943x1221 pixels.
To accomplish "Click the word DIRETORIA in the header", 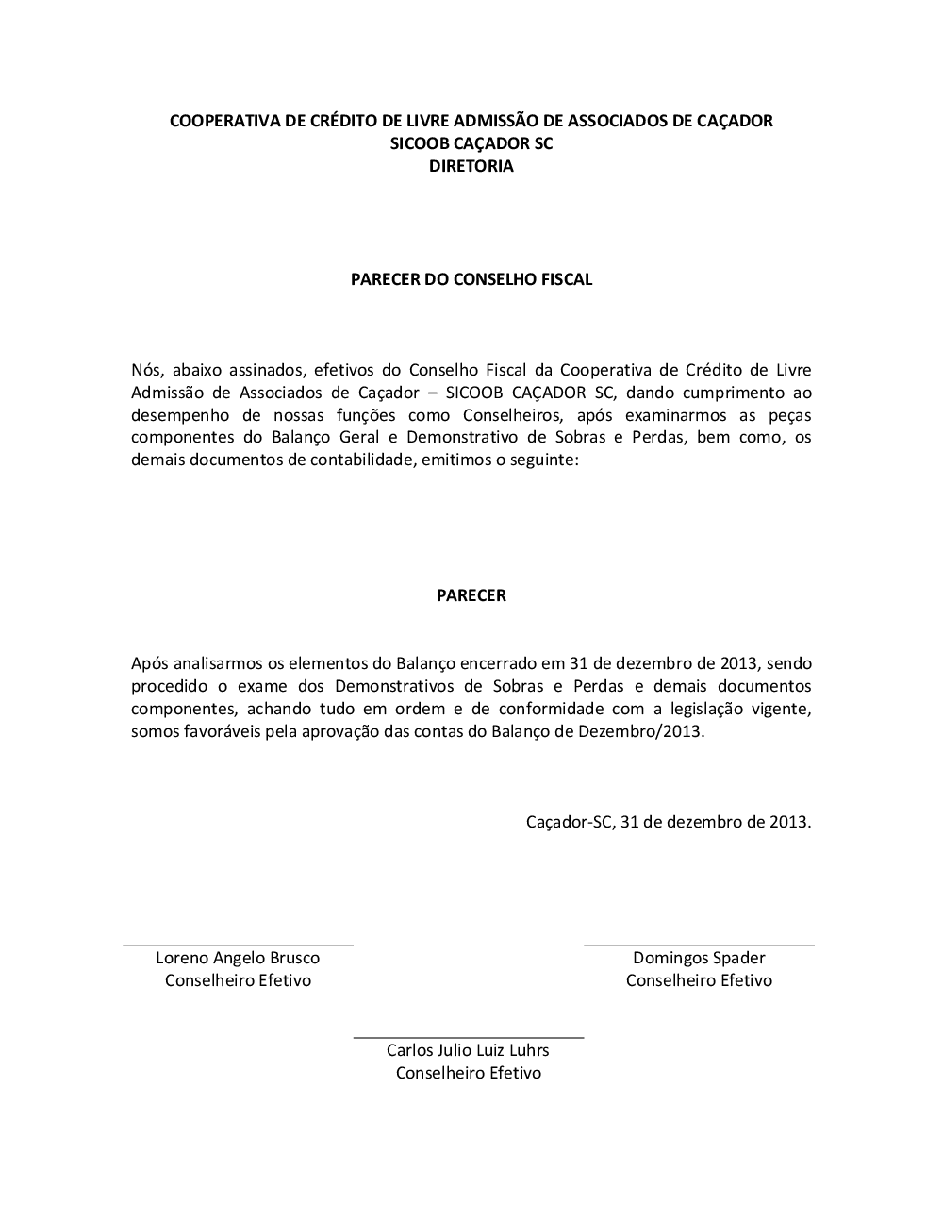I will (471, 166).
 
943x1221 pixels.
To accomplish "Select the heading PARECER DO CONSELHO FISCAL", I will (471, 279).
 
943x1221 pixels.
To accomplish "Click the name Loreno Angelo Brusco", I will (238, 958).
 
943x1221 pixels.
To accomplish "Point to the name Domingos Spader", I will (699, 958).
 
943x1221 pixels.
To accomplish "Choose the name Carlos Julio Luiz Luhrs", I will (468, 1050).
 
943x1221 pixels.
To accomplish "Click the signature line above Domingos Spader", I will (699, 944).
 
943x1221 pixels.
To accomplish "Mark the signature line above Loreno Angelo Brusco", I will (238, 944).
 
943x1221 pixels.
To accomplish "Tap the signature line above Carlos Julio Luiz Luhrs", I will (468, 1037).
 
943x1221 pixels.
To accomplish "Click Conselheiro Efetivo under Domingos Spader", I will (699, 980).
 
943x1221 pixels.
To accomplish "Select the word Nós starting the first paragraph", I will (146, 370).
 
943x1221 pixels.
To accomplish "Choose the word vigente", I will (783, 709).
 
